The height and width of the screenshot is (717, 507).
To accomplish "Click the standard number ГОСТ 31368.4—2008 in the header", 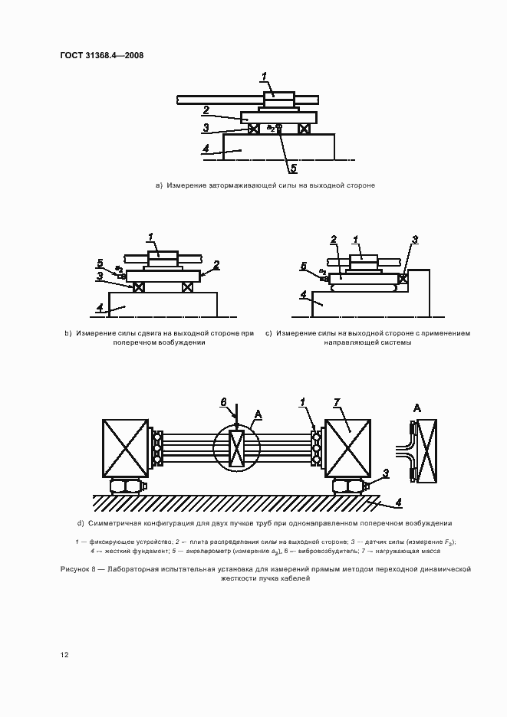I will (101, 55).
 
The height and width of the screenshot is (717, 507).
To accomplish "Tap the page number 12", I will (64, 655).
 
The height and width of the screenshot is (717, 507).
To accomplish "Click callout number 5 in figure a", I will (293, 166).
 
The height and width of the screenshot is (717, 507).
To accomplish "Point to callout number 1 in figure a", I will (263, 76).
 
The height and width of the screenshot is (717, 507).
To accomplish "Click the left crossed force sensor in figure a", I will (253, 129).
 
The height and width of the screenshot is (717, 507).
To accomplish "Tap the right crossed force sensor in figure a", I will (305, 129).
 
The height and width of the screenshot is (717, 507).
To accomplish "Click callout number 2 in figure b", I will (217, 264).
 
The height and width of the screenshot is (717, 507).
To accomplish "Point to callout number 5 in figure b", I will (100, 262).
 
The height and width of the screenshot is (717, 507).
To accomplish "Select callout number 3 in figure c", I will (414, 240).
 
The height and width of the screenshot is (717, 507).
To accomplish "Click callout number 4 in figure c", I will (303, 293).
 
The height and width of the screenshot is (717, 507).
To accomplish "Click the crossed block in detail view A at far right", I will (425, 451).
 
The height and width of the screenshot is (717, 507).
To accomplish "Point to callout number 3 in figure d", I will (386, 473).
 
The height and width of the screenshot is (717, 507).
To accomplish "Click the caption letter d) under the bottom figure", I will (81, 523).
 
